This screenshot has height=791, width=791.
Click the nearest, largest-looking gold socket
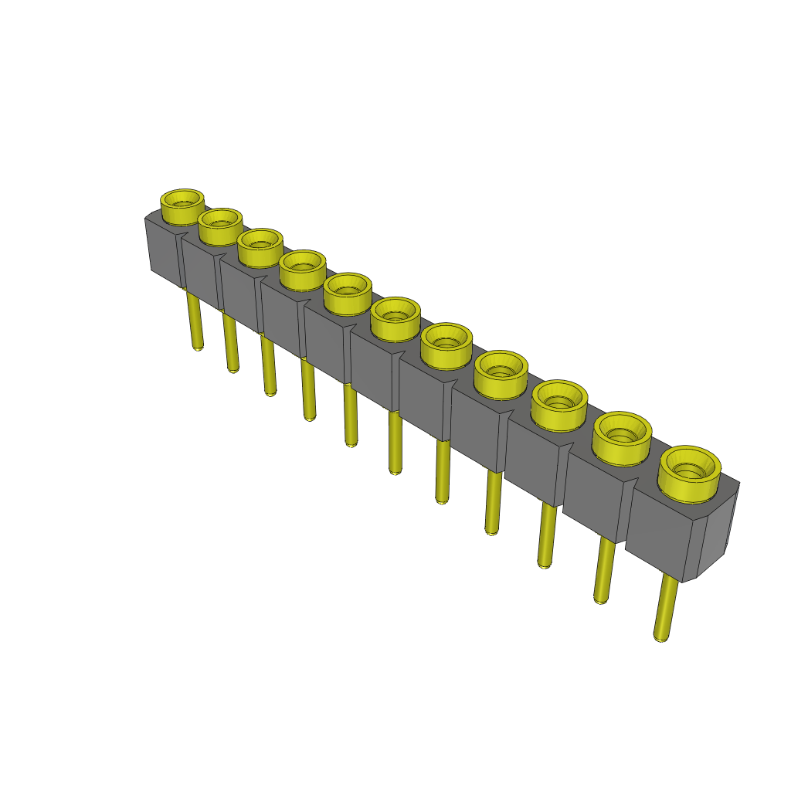(x=689, y=472)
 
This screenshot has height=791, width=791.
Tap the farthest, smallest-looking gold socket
(x=182, y=205)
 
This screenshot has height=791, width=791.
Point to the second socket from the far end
(x=220, y=225)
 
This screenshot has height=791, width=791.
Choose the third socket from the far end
(x=260, y=246)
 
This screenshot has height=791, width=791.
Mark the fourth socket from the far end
(x=302, y=268)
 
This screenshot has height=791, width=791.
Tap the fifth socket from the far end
(x=348, y=292)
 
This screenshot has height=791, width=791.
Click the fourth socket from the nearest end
(x=501, y=374)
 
